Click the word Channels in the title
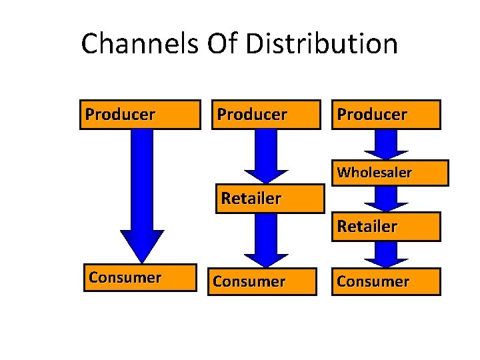coord(139,45)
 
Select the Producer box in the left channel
coord(140,114)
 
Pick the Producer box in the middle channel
coord(264,114)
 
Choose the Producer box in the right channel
coord(386,114)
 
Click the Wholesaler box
coord(386,173)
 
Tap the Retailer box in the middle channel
coord(269,199)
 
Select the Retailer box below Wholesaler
coord(386,227)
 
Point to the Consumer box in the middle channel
coord(264,281)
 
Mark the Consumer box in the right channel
coord(386,281)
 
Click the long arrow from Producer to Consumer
coord(141,187)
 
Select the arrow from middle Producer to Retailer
coord(266,153)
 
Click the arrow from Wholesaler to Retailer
coord(386,197)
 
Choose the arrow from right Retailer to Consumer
coord(386,253)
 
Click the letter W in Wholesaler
coord(343,173)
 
